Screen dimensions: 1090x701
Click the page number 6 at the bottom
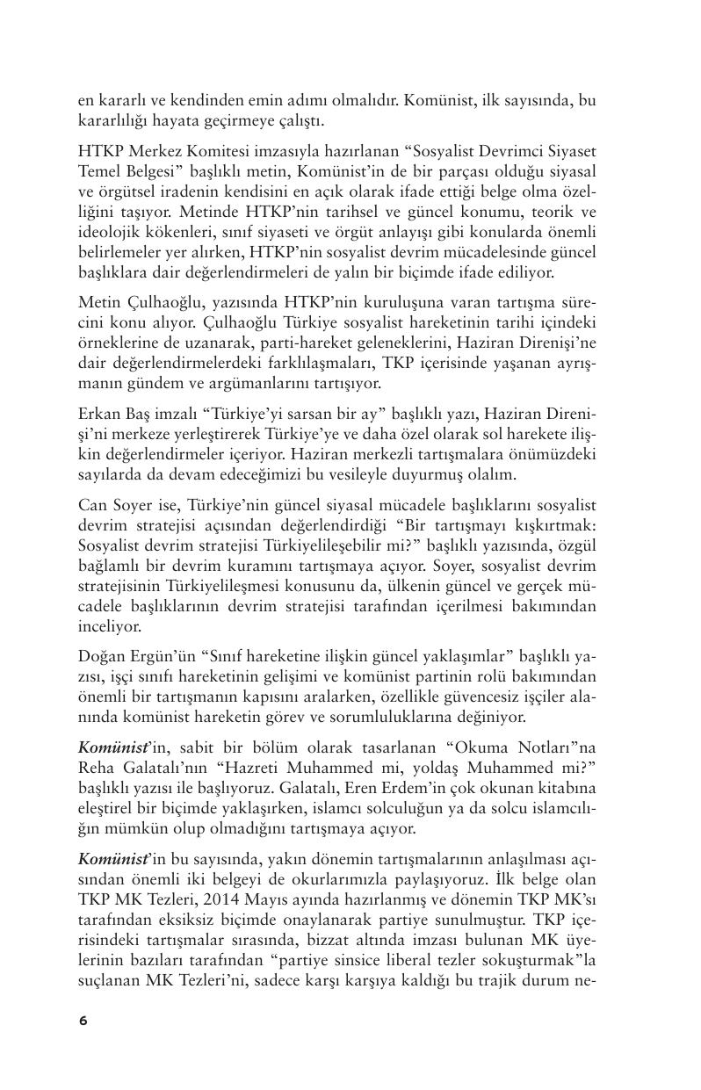pos(83,1020)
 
